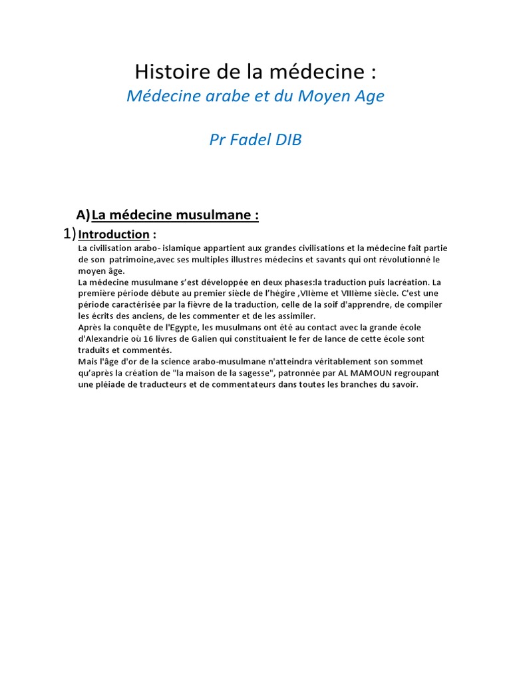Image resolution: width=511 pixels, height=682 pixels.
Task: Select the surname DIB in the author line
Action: point(285,141)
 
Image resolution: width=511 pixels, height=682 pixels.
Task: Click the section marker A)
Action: point(83,214)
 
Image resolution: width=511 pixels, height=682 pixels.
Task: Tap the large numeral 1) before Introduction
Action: point(69,233)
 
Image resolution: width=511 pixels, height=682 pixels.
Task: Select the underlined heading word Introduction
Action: point(114,234)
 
